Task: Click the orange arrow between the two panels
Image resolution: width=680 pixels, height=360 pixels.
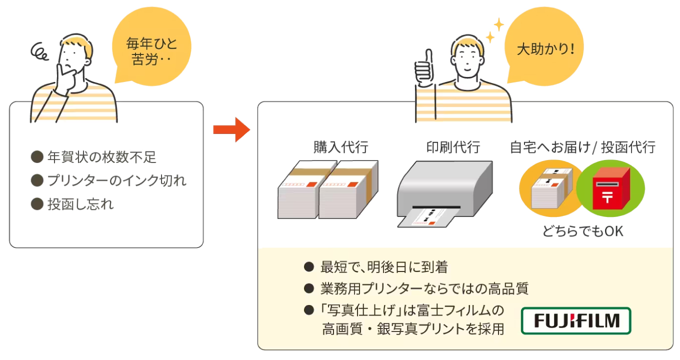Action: tap(231, 130)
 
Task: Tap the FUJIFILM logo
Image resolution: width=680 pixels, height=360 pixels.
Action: tap(576, 320)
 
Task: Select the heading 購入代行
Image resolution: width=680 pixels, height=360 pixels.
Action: tap(340, 147)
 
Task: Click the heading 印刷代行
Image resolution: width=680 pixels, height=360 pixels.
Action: tap(453, 147)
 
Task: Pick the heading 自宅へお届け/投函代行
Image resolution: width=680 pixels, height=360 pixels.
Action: tap(582, 147)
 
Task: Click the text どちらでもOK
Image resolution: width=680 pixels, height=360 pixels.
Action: tap(583, 231)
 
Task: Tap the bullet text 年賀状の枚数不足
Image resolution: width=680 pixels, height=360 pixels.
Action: tap(101, 157)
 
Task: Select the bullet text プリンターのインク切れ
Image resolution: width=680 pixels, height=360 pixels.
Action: tap(116, 180)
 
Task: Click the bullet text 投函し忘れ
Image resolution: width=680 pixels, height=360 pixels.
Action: tap(80, 204)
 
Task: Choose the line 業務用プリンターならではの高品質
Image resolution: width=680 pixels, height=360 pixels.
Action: tap(424, 288)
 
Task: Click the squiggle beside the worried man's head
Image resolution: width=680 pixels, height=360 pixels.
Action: tap(39, 51)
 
